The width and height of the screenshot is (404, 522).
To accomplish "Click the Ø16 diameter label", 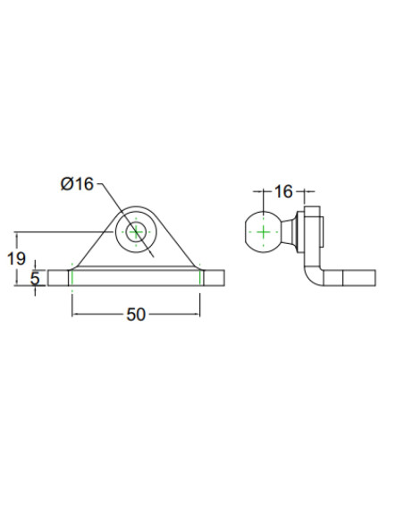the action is click(x=77, y=183).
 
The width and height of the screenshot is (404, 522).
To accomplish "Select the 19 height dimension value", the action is click(x=16, y=258).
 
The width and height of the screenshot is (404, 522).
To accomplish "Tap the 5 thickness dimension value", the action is click(x=35, y=278).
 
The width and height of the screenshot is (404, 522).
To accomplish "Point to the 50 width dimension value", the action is click(x=136, y=315).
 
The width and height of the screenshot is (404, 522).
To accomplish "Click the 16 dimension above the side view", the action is click(x=283, y=192).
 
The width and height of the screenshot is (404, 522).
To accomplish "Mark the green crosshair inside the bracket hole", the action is click(x=136, y=232).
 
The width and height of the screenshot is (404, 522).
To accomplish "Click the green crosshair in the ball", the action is click(x=264, y=232).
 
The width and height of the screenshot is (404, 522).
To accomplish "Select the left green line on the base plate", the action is click(x=72, y=278).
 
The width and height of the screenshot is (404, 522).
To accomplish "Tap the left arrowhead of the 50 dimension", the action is click(x=75, y=314).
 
